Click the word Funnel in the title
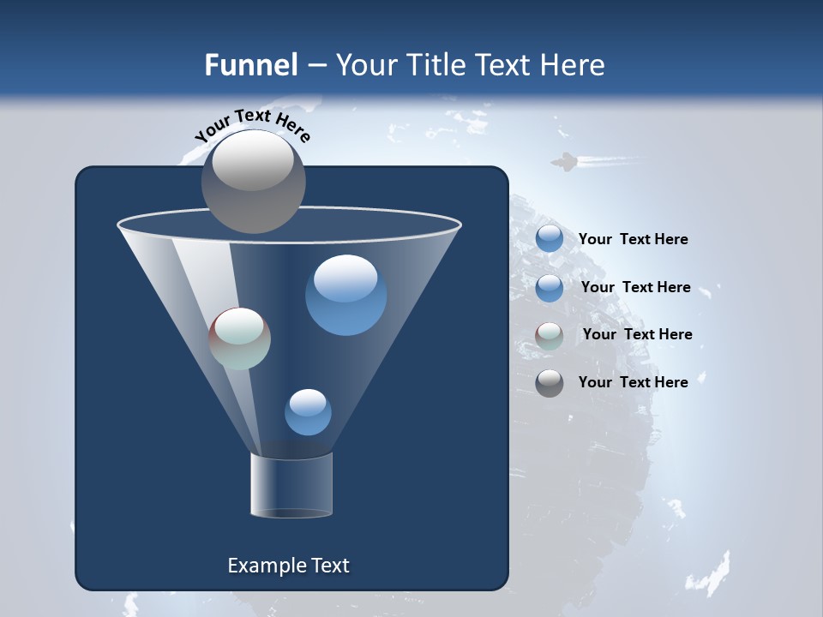point(251,65)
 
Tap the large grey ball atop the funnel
point(254,181)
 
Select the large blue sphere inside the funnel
point(345,295)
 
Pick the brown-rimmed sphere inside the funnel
point(240,338)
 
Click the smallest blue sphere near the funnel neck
point(308,411)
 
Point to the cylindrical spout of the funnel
point(291,485)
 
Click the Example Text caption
point(288,566)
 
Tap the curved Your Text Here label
point(253,126)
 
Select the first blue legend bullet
point(550,239)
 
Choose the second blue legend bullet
point(550,288)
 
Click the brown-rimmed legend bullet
point(550,336)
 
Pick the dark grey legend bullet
point(550,383)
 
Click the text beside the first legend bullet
point(633,239)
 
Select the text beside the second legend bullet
point(635,287)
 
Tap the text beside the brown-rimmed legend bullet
point(637,334)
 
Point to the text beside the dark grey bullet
point(633,382)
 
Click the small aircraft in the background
point(563,161)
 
